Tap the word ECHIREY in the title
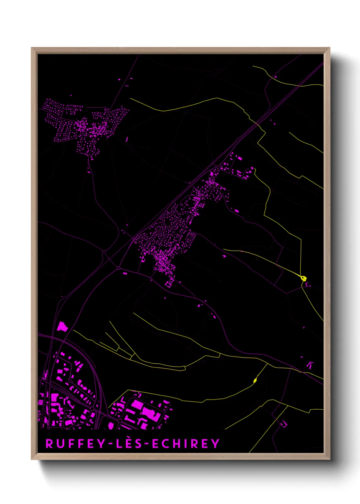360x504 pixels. coord(186,443)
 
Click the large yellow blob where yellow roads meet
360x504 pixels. coord(304,278)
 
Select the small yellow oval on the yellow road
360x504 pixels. coord(255,380)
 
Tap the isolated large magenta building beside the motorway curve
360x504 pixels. coord(62,327)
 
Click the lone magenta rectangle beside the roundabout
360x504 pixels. coord(125,273)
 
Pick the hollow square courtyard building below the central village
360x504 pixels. coord(168,284)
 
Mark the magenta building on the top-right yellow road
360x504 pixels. coord(276,77)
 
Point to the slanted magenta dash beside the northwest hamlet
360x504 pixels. coord(127,139)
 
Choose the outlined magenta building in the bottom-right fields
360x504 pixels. coord(283,424)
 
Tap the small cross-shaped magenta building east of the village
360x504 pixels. coord(225,256)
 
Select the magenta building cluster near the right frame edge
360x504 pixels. coord(310,365)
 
